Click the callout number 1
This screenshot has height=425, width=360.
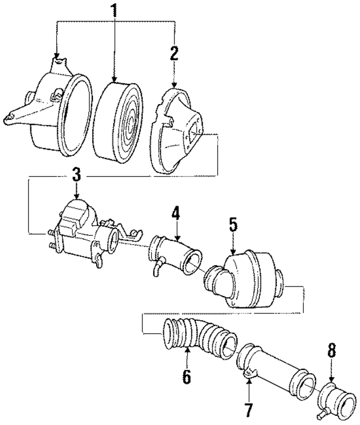coord(114,10)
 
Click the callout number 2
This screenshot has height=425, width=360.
coord(174,53)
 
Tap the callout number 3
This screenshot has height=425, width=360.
coord(76,175)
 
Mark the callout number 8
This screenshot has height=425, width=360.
coord(331,351)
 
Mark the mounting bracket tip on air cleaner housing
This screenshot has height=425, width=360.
coord(8,118)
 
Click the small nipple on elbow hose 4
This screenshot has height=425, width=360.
coord(155,275)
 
